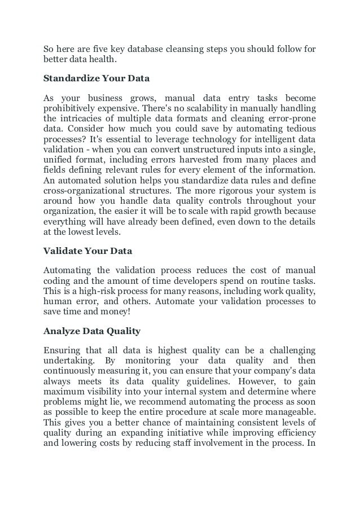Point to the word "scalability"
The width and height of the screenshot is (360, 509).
pyautogui.click(x=201, y=107)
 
